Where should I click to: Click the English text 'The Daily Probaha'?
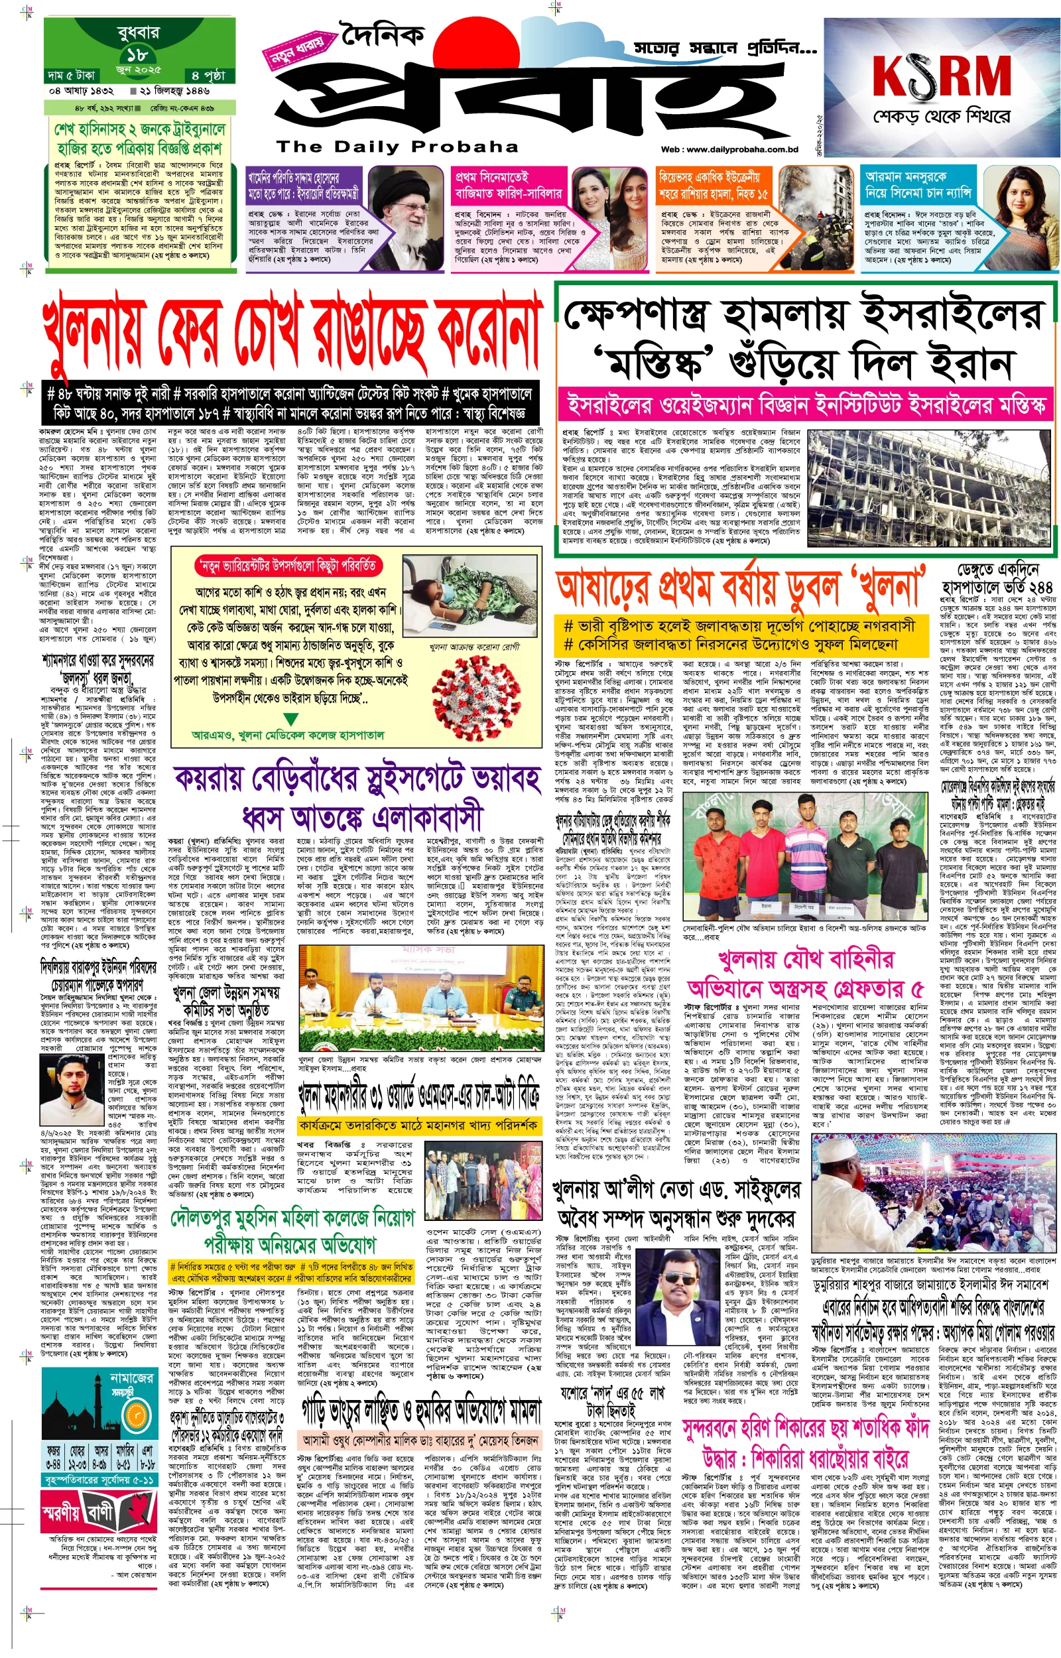[x=397, y=147]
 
